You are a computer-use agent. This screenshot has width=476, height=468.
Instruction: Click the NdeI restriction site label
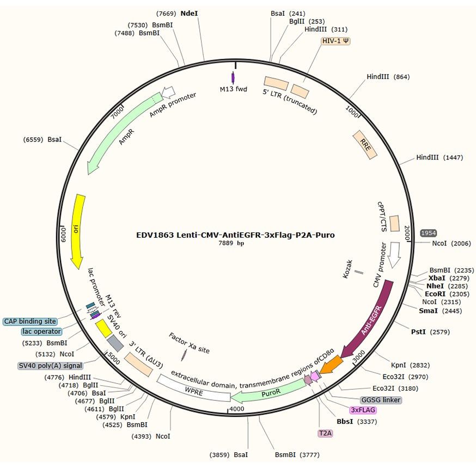click(x=190, y=13)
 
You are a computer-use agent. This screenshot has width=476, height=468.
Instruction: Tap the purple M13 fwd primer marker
click(x=234, y=76)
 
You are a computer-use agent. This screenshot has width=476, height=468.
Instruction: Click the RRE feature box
click(x=365, y=145)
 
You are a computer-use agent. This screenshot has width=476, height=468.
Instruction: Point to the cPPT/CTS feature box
click(x=394, y=223)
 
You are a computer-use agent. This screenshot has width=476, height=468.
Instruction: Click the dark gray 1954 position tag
click(x=429, y=232)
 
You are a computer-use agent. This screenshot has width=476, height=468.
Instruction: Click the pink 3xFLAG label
click(x=363, y=410)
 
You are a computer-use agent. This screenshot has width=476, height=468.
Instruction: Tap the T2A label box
click(x=325, y=433)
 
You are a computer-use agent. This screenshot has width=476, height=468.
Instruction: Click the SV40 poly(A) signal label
click(x=42, y=366)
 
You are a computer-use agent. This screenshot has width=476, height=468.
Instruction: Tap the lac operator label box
click(x=41, y=331)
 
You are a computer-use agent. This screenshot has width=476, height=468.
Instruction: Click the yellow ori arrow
click(x=80, y=229)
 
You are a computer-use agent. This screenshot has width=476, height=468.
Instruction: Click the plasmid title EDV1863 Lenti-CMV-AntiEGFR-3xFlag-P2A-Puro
click(x=236, y=235)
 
